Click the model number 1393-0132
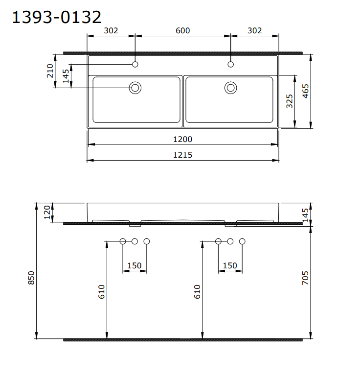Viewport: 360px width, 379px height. tap(56, 17)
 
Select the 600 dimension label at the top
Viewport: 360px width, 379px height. tap(182, 30)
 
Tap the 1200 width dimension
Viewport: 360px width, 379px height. tap(182, 139)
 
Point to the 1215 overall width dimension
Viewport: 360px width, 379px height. tap(182, 155)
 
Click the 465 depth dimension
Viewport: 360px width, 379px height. tap(305, 91)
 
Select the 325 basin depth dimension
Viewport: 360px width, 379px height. tap(290, 101)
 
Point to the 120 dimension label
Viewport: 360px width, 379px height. tap(47, 213)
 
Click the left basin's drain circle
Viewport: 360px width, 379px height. tap(135, 88)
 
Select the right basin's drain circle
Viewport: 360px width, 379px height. tap(231, 88)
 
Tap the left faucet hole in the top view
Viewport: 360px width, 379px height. tap(135, 64)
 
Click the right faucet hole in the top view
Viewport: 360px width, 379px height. tap(231, 64)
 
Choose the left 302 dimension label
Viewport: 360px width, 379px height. tap(111, 30)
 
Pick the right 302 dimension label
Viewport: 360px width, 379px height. tap(254, 30)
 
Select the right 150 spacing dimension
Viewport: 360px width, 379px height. tap(230, 266)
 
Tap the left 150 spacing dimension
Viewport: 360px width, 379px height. tap(134, 266)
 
